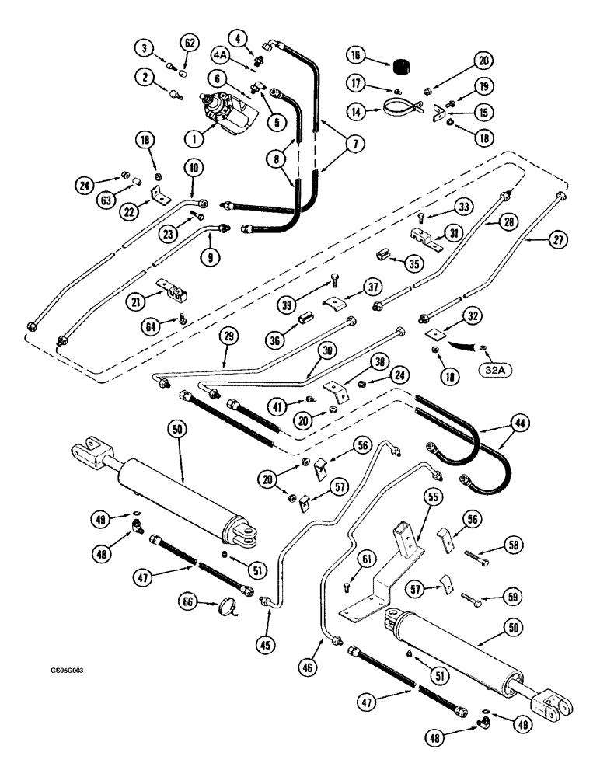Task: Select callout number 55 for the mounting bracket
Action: pyautogui.click(x=431, y=497)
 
